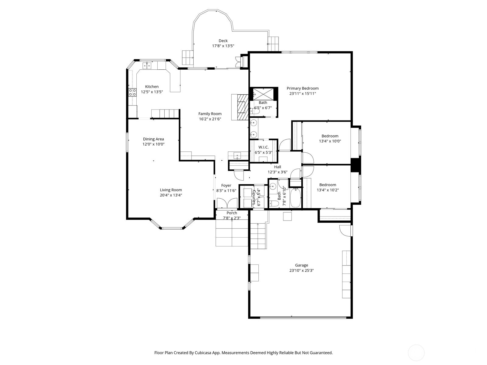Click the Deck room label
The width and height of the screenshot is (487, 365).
[x=223, y=41]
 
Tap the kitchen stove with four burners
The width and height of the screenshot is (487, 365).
[x=132, y=92]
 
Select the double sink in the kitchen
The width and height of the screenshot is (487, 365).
[x=147, y=65]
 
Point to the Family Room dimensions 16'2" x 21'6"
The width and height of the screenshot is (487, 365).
[x=210, y=119]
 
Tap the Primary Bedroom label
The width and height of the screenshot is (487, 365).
[x=303, y=88]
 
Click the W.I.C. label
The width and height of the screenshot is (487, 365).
[x=263, y=147]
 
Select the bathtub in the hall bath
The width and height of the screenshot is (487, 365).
[x=296, y=198]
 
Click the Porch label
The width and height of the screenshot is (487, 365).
[x=232, y=213]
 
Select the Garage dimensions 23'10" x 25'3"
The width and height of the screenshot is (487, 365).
[x=301, y=270]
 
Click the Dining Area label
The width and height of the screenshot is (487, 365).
[x=153, y=139]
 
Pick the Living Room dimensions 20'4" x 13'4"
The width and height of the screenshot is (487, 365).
[x=171, y=195]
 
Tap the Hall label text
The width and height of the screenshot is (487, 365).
[x=277, y=167]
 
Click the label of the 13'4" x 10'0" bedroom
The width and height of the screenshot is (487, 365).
[x=330, y=136]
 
